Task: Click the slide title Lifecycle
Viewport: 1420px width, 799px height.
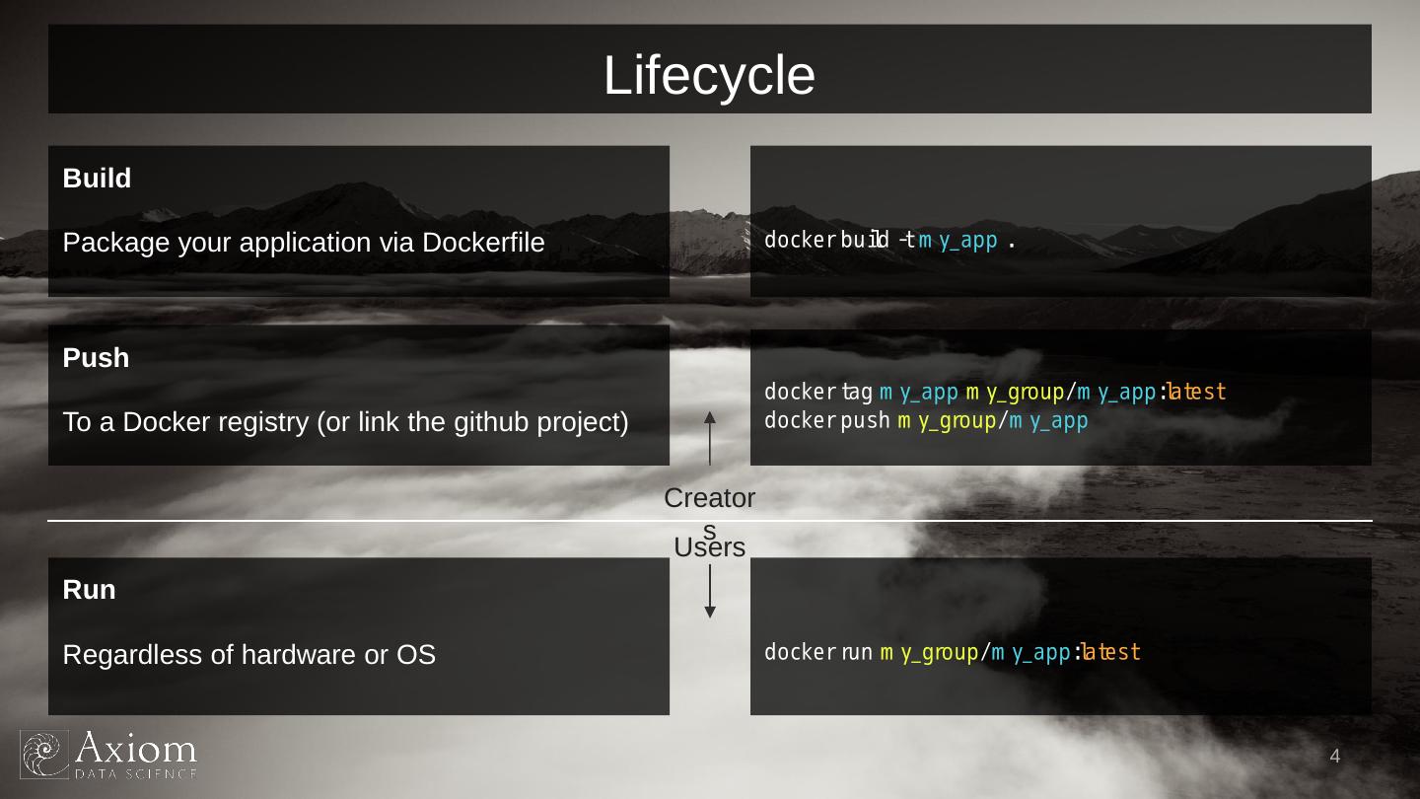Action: [x=709, y=76]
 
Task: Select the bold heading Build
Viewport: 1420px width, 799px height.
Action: [x=97, y=179]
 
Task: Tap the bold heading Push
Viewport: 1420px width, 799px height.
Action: [x=96, y=358]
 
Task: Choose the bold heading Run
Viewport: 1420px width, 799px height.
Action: [x=89, y=590]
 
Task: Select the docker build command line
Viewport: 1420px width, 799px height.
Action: [x=890, y=241]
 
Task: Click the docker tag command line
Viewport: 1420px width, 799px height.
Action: [x=995, y=393]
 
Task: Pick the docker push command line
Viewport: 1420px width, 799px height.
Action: [x=926, y=421]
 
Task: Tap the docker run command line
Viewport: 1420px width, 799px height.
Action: [x=952, y=652]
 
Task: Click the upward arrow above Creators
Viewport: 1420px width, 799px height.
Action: [x=710, y=438]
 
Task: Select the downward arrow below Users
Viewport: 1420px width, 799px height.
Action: [x=710, y=592]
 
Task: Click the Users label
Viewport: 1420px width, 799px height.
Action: [x=709, y=547]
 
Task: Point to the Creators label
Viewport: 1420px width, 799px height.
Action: [x=709, y=499]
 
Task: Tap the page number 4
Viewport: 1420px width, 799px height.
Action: [x=1334, y=757]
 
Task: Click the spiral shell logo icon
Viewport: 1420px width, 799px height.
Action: [x=44, y=755]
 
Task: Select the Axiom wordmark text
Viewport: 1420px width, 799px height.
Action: [x=136, y=750]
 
